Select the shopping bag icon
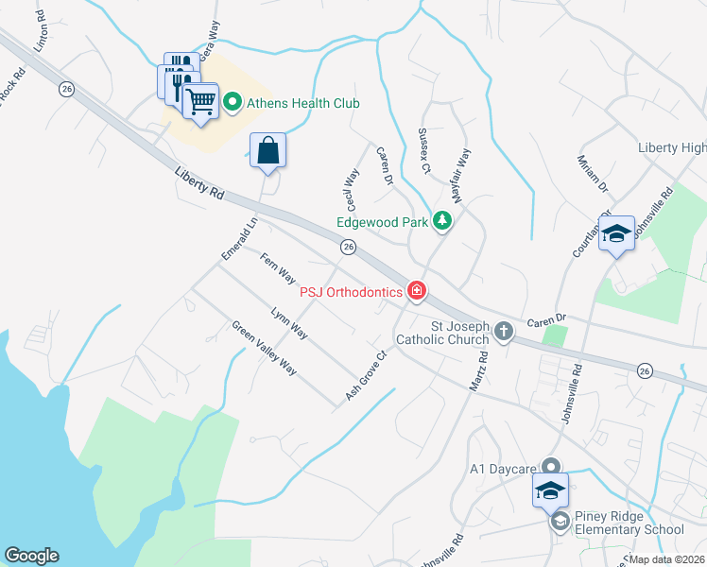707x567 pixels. pos(268,149)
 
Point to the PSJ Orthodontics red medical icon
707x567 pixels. pos(416,291)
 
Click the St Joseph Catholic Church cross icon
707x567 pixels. pos(504,331)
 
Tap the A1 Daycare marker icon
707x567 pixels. pos(553,467)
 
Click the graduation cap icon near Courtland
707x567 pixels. pos(616,232)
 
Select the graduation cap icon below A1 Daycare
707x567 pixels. pos(551,490)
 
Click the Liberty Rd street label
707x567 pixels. pos(199,182)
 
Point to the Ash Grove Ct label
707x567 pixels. pos(368,375)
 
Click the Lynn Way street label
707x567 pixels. pos(289,322)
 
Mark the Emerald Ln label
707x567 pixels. pos(239,241)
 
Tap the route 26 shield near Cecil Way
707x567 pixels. pos(349,247)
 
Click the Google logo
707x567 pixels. pos(31,556)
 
